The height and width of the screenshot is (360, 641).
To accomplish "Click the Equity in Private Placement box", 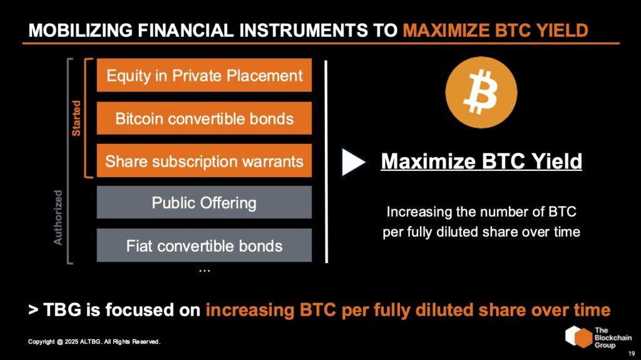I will click(204, 76).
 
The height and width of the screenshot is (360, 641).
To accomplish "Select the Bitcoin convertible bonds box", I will click(204, 118).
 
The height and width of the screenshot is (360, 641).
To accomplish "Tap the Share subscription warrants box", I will click(204, 161).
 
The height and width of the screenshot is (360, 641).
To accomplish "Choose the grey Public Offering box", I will click(204, 203).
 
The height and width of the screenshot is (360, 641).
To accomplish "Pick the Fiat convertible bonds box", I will click(204, 245).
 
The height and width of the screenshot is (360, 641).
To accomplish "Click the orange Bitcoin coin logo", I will click(481, 92).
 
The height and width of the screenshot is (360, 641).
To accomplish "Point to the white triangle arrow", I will click(353, 162).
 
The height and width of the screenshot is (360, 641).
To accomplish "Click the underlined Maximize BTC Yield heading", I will click(481, 162).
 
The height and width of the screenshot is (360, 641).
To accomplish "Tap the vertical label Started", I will click(76, 118).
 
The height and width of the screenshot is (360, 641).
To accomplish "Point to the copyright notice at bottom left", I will click(95, 342).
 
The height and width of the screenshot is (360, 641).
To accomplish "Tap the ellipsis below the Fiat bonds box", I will click(204, 269).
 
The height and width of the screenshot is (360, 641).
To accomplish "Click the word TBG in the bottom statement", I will click(64, 310).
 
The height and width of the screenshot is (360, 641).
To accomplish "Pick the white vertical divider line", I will click(327, 161).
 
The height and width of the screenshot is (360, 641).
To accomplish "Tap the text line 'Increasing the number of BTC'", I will click(481, 211).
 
